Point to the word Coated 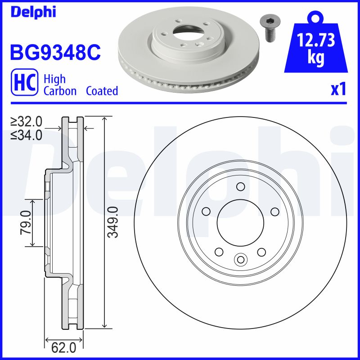click(102, 91)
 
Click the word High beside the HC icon click(54, 79)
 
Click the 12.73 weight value click(316, 41)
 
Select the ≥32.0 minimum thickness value click(27, 121)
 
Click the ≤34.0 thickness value click(27, 135)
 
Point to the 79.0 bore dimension click(26, 222)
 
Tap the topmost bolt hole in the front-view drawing click(240, 186)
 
